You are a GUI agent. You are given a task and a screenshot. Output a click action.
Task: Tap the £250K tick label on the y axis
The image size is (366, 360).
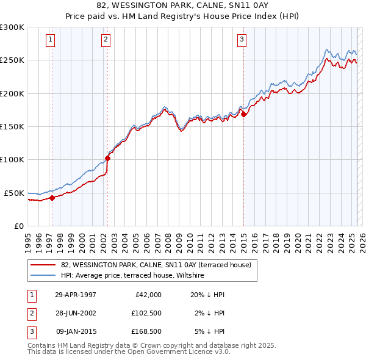12,60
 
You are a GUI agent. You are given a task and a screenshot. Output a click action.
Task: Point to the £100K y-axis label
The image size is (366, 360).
12,159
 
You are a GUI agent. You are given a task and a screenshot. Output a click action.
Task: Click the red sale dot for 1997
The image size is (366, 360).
52,198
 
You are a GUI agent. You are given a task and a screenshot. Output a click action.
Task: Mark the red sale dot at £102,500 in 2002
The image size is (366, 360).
108,157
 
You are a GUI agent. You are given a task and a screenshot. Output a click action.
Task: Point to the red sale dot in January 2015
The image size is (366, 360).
243,114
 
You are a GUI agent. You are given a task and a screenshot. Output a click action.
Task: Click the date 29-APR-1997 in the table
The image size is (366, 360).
76,295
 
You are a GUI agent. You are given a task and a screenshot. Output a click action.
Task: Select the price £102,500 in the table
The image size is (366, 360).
146,313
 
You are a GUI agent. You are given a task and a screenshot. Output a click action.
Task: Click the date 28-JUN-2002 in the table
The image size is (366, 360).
76,313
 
